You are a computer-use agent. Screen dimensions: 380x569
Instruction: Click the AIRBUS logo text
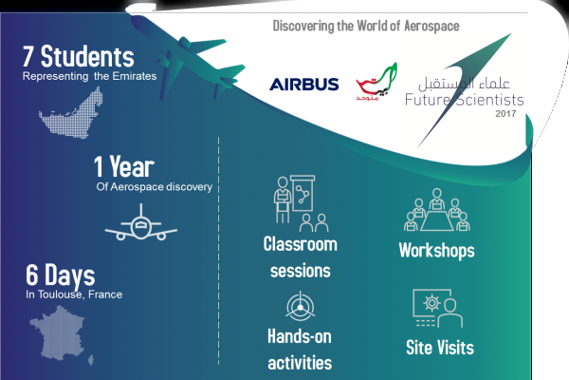(303, 85)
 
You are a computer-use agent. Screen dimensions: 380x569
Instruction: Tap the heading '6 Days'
(61, 276)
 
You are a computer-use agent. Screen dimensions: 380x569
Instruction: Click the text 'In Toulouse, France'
(74, 295)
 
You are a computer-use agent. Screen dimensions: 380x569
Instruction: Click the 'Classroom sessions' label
(300, 257)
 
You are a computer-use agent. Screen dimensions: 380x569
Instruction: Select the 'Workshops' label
(436, 252)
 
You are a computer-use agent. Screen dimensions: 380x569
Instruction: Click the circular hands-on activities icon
(300, 310)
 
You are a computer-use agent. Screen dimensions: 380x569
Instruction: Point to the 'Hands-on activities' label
(300, 351)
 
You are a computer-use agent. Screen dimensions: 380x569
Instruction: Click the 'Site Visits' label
(439, 347)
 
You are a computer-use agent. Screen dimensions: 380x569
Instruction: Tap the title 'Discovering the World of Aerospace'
(366, 26)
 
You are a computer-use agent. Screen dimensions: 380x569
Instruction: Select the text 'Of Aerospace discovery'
(154, 186)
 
